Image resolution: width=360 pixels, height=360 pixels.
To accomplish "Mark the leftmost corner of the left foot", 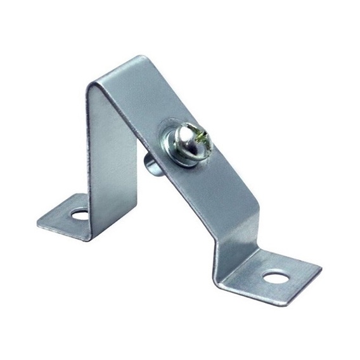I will tap(36, 221).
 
